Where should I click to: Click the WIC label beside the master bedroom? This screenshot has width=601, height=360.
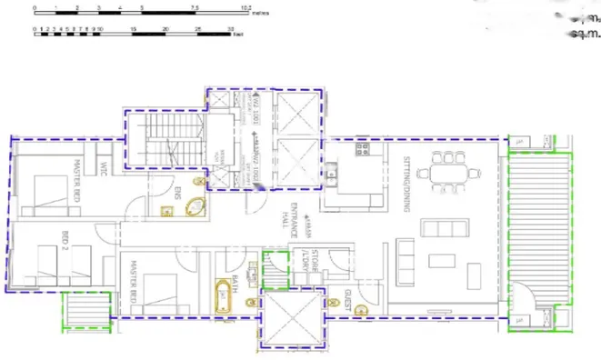coord(105,169)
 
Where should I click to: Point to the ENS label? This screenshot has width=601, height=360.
coord(178,193)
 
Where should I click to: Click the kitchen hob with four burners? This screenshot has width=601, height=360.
coord(362,147)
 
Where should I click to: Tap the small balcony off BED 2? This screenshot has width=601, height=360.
coord(85,306)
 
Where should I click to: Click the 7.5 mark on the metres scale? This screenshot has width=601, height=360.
coord(195,8)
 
